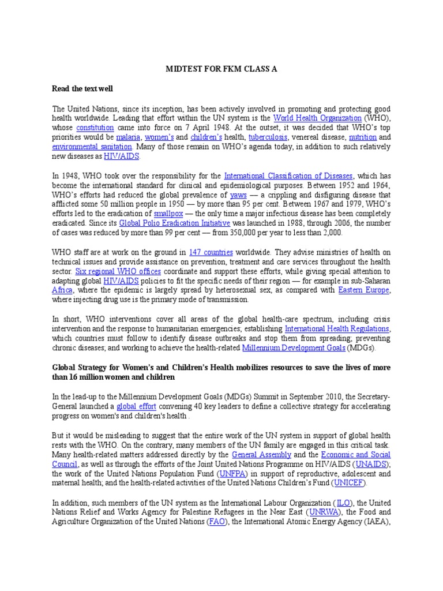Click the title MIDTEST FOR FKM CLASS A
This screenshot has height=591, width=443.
[x=222, y=69]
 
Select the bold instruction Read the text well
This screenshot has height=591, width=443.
[x=83, y=89]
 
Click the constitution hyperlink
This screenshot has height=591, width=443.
[x=95, y=128]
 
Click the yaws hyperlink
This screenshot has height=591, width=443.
[x=238, y=194]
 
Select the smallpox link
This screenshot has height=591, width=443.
[x=168, y=214]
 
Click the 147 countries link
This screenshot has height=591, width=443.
[x=211, y=252]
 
